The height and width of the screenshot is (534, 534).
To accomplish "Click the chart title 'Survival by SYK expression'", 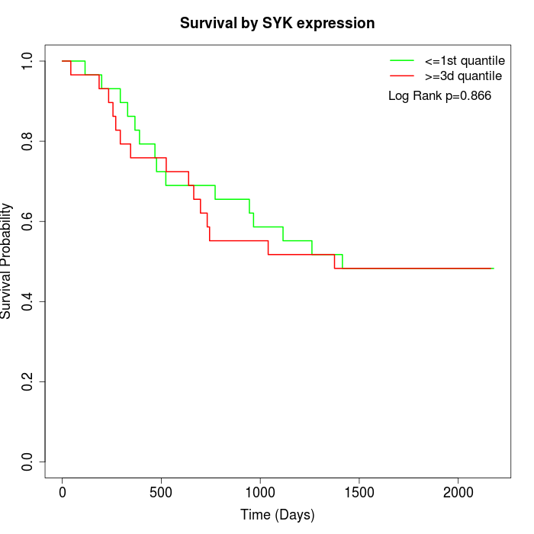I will coord(277,24).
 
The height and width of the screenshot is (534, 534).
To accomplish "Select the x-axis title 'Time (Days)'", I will coord(277,515).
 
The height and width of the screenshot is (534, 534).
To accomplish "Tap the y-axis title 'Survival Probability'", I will coord(7,261).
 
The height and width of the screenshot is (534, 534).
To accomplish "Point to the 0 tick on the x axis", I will coord(63,492).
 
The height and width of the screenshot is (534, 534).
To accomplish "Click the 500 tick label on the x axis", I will coord(161,492).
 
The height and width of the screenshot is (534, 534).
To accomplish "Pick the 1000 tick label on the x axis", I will coord(260,492).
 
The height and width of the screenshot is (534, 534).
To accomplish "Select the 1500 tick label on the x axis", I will coord(359,492).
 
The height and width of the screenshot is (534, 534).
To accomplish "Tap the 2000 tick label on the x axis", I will coord(458,492).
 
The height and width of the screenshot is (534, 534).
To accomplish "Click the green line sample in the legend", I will coord(402,60).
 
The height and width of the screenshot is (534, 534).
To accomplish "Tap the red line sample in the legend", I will coord(402,76).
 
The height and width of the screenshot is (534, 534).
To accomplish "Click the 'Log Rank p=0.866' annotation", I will coord(439,96).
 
